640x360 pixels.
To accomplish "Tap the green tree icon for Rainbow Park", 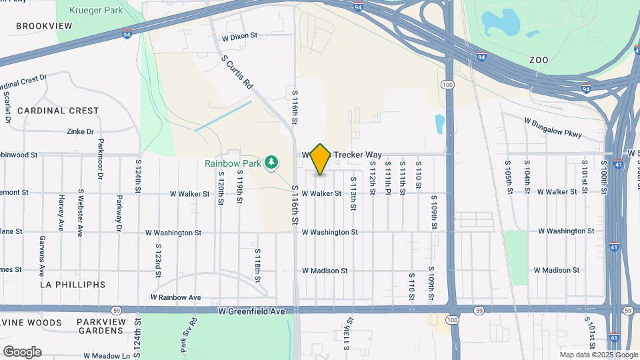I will (271, 162).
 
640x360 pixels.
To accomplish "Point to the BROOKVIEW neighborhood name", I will (43, 25).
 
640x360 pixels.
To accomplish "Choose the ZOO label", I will (539, 60).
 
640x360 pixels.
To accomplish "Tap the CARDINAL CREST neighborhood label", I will (58, 111).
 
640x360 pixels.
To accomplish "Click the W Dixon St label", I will (240, 36).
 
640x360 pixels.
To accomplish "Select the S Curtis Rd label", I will (238, 73).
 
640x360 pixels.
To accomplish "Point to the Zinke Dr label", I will (80, 132).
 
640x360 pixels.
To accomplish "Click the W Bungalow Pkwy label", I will (553, 128).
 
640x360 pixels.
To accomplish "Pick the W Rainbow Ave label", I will (175, 297).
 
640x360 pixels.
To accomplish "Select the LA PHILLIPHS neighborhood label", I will (73, 285).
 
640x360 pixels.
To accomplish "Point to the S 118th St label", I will (257, 265).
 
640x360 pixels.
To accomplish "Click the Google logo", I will (21, 352).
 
